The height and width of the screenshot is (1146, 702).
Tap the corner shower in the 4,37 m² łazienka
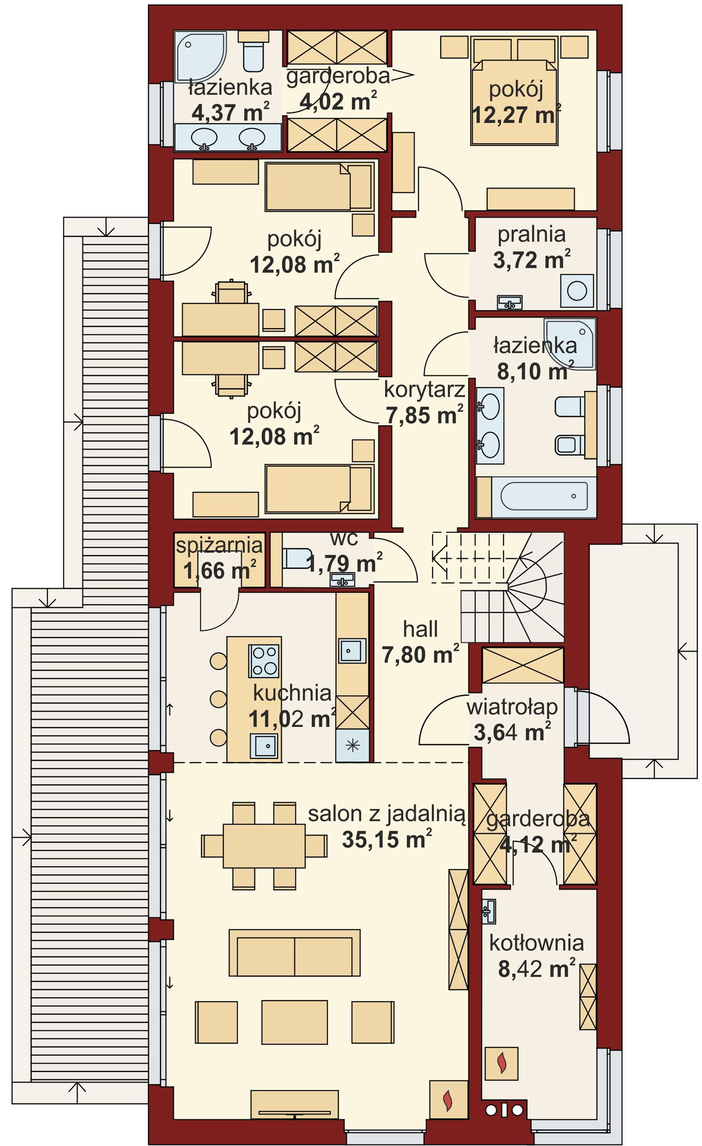pyautogui.click(x=200, y=56)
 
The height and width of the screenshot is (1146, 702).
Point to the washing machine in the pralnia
pyautogui.click(x=577, y=291)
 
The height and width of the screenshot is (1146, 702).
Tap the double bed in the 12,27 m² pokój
pyautogui.click(x=514, y=91)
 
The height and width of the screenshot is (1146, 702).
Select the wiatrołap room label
pyautogui.click(x=512, y=707)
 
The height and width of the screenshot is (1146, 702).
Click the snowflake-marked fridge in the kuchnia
pyautogui.click(x=352, y=745)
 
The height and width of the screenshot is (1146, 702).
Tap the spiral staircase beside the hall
pyautogui.click(x=511, y=587)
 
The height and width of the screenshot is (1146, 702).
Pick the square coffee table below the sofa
pyautogui.click(x=294, y=1022)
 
